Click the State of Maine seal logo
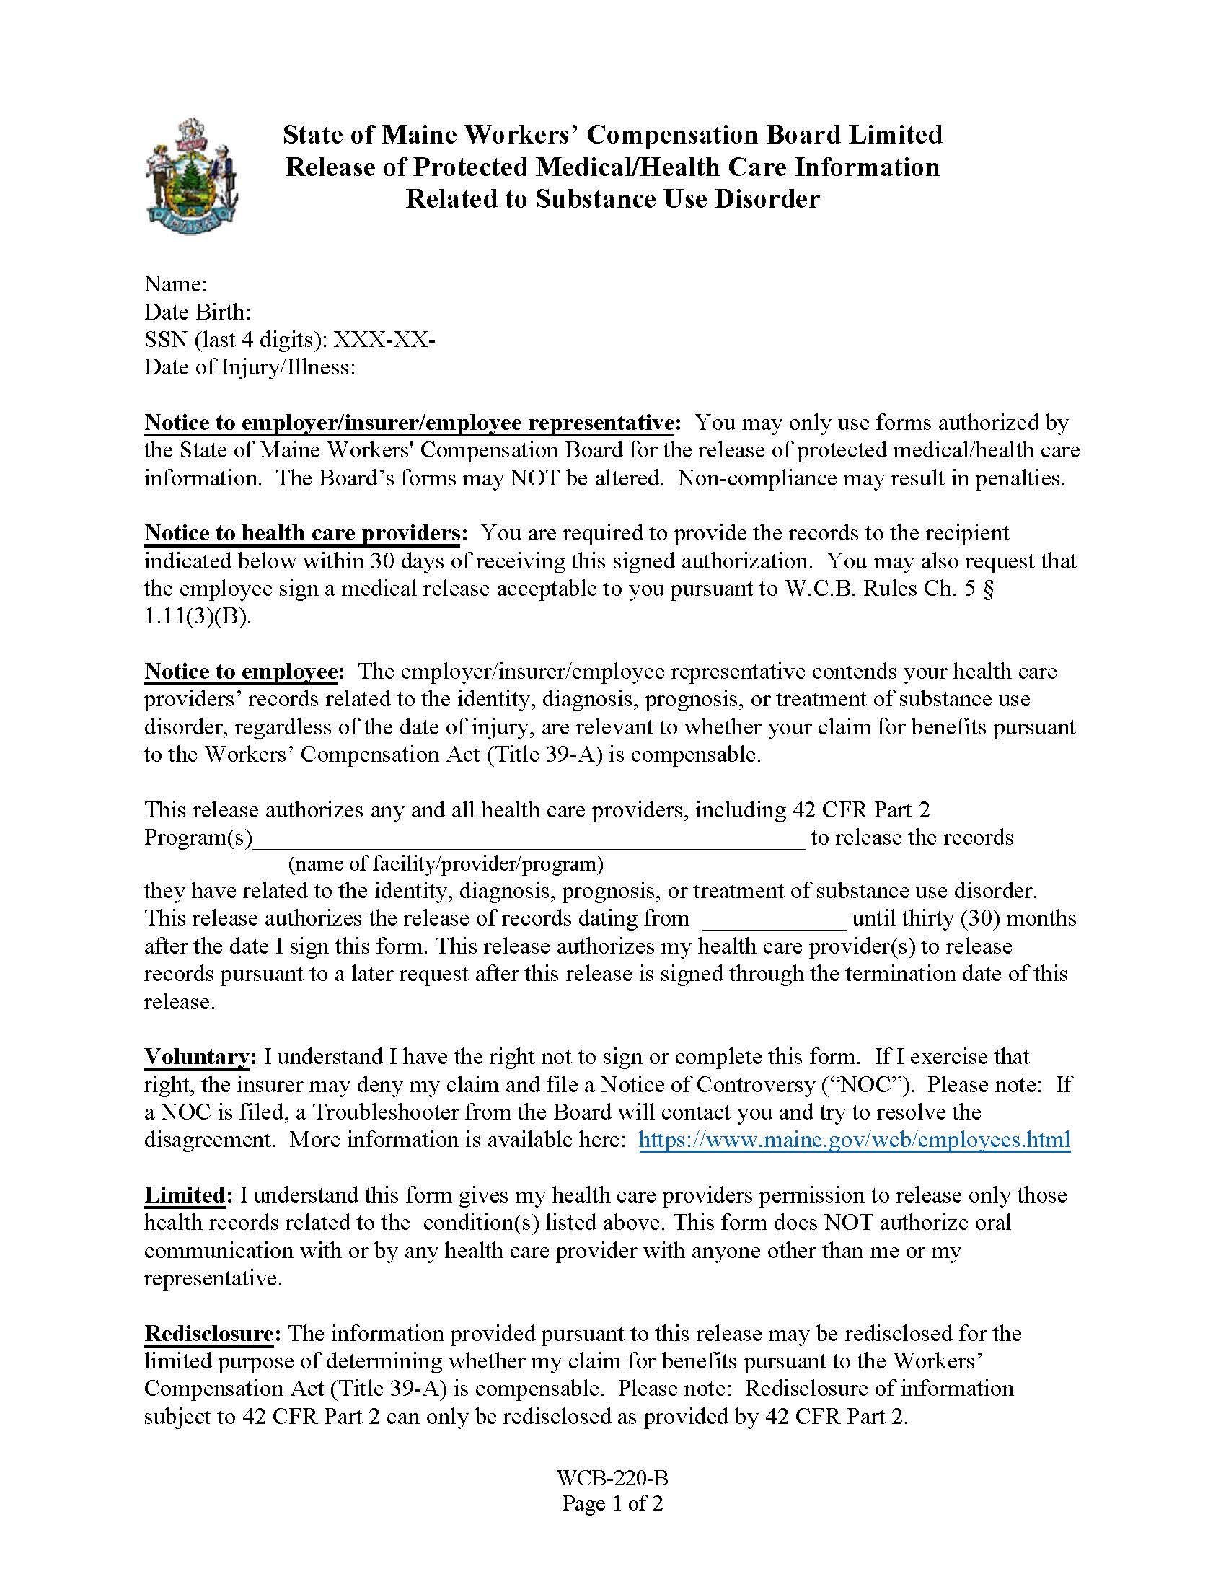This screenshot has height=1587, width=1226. pyautogui.click(x=192, y=177)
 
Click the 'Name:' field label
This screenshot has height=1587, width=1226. pyautogui.click(x=176, y=284)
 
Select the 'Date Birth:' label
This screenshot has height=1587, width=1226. pyautogui.click(x=198, y=312)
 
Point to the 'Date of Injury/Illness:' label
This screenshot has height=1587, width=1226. pyautogui.click(x=250, y=367)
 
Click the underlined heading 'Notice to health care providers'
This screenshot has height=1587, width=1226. pyautogui.click(x=301, y=532)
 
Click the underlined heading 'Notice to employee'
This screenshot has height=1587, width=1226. pyautogui.click(x=240, y=671)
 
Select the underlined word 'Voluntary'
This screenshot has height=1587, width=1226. pyautogui.click(x=197, y=1056)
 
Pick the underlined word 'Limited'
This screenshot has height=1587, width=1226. pyautogui.click(x=185, y=1195)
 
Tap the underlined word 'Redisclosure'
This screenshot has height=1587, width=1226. pyautogui.click(x=208, y=1332)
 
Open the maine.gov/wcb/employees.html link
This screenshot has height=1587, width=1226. pyautogui.click(x=854, y=1138)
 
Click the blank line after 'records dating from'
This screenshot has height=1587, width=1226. pyautogui.click(x=775, y=918)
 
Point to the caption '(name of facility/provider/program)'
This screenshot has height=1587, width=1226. pyautogui.click(x=446, y=864)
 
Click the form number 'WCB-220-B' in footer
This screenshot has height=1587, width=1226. pyautogui.click(x=612, y=1477)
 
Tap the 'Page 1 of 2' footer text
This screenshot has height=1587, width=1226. pyautogui.click(x=612, y=1503)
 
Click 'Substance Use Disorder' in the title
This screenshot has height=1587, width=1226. pyautogui.click(x=678, y=198)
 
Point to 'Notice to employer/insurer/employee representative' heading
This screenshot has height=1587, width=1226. pyautogui.click(x=410, y=422)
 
